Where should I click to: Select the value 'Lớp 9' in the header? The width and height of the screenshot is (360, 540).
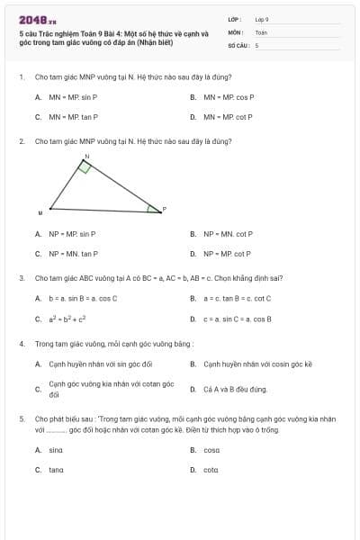262,19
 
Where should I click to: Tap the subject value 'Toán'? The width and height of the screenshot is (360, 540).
261,31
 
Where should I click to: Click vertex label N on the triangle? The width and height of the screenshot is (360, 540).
86,157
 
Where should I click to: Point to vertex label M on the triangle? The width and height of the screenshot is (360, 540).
40,213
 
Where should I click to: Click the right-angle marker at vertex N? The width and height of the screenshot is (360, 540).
85,167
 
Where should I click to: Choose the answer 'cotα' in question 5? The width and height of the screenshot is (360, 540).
211,469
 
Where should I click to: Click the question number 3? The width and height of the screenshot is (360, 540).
21,278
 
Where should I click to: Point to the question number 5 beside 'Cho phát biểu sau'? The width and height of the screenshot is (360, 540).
21,418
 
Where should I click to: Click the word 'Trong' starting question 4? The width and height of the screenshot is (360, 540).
42,344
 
